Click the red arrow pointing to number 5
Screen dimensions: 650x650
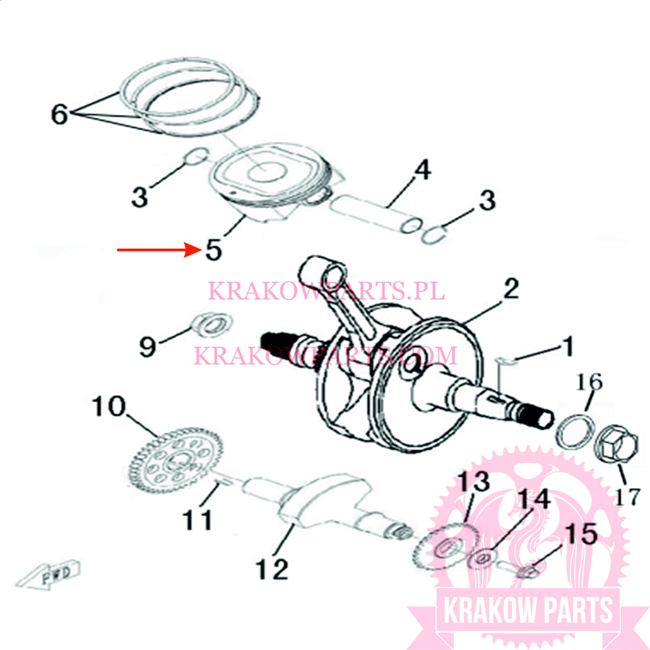(x=159, y=250)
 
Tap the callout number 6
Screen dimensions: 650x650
(x=60, y=114)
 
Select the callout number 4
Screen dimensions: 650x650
(x=422, y=170)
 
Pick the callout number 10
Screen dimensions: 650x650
(x=108, y=406)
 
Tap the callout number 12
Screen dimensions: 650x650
(x=272, y=569)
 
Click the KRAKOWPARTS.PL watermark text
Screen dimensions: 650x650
(x=326, y=291)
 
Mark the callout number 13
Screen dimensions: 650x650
(x=474, y=482)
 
